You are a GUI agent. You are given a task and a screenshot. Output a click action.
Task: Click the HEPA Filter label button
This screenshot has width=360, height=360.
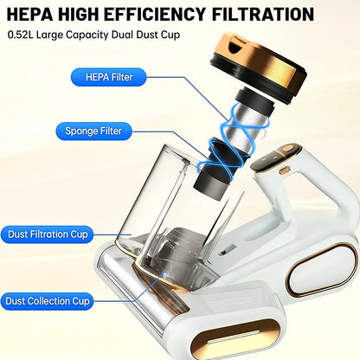(x=109, y=77)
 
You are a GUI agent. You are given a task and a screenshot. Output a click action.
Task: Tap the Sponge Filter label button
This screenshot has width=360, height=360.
(x=93, y=131)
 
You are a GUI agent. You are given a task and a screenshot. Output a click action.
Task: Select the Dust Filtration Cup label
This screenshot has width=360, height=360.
(x=48, y=235)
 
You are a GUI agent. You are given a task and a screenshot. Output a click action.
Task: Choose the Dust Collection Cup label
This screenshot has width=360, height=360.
(x=48, y=301)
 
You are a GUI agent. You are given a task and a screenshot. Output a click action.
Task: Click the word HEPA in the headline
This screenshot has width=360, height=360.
(x=29, y=14)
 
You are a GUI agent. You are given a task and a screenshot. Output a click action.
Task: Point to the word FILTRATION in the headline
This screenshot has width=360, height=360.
(x=263, y=14)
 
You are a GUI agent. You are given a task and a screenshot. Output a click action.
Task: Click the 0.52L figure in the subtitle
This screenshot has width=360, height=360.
(x=21, y=35)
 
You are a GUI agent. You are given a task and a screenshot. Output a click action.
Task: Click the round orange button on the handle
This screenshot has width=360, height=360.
(x=287, y=149)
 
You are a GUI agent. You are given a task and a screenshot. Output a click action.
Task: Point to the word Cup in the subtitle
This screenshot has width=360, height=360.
(x=170, y=35)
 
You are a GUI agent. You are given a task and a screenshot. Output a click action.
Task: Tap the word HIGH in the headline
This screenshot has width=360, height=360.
(x=78, y=14)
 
